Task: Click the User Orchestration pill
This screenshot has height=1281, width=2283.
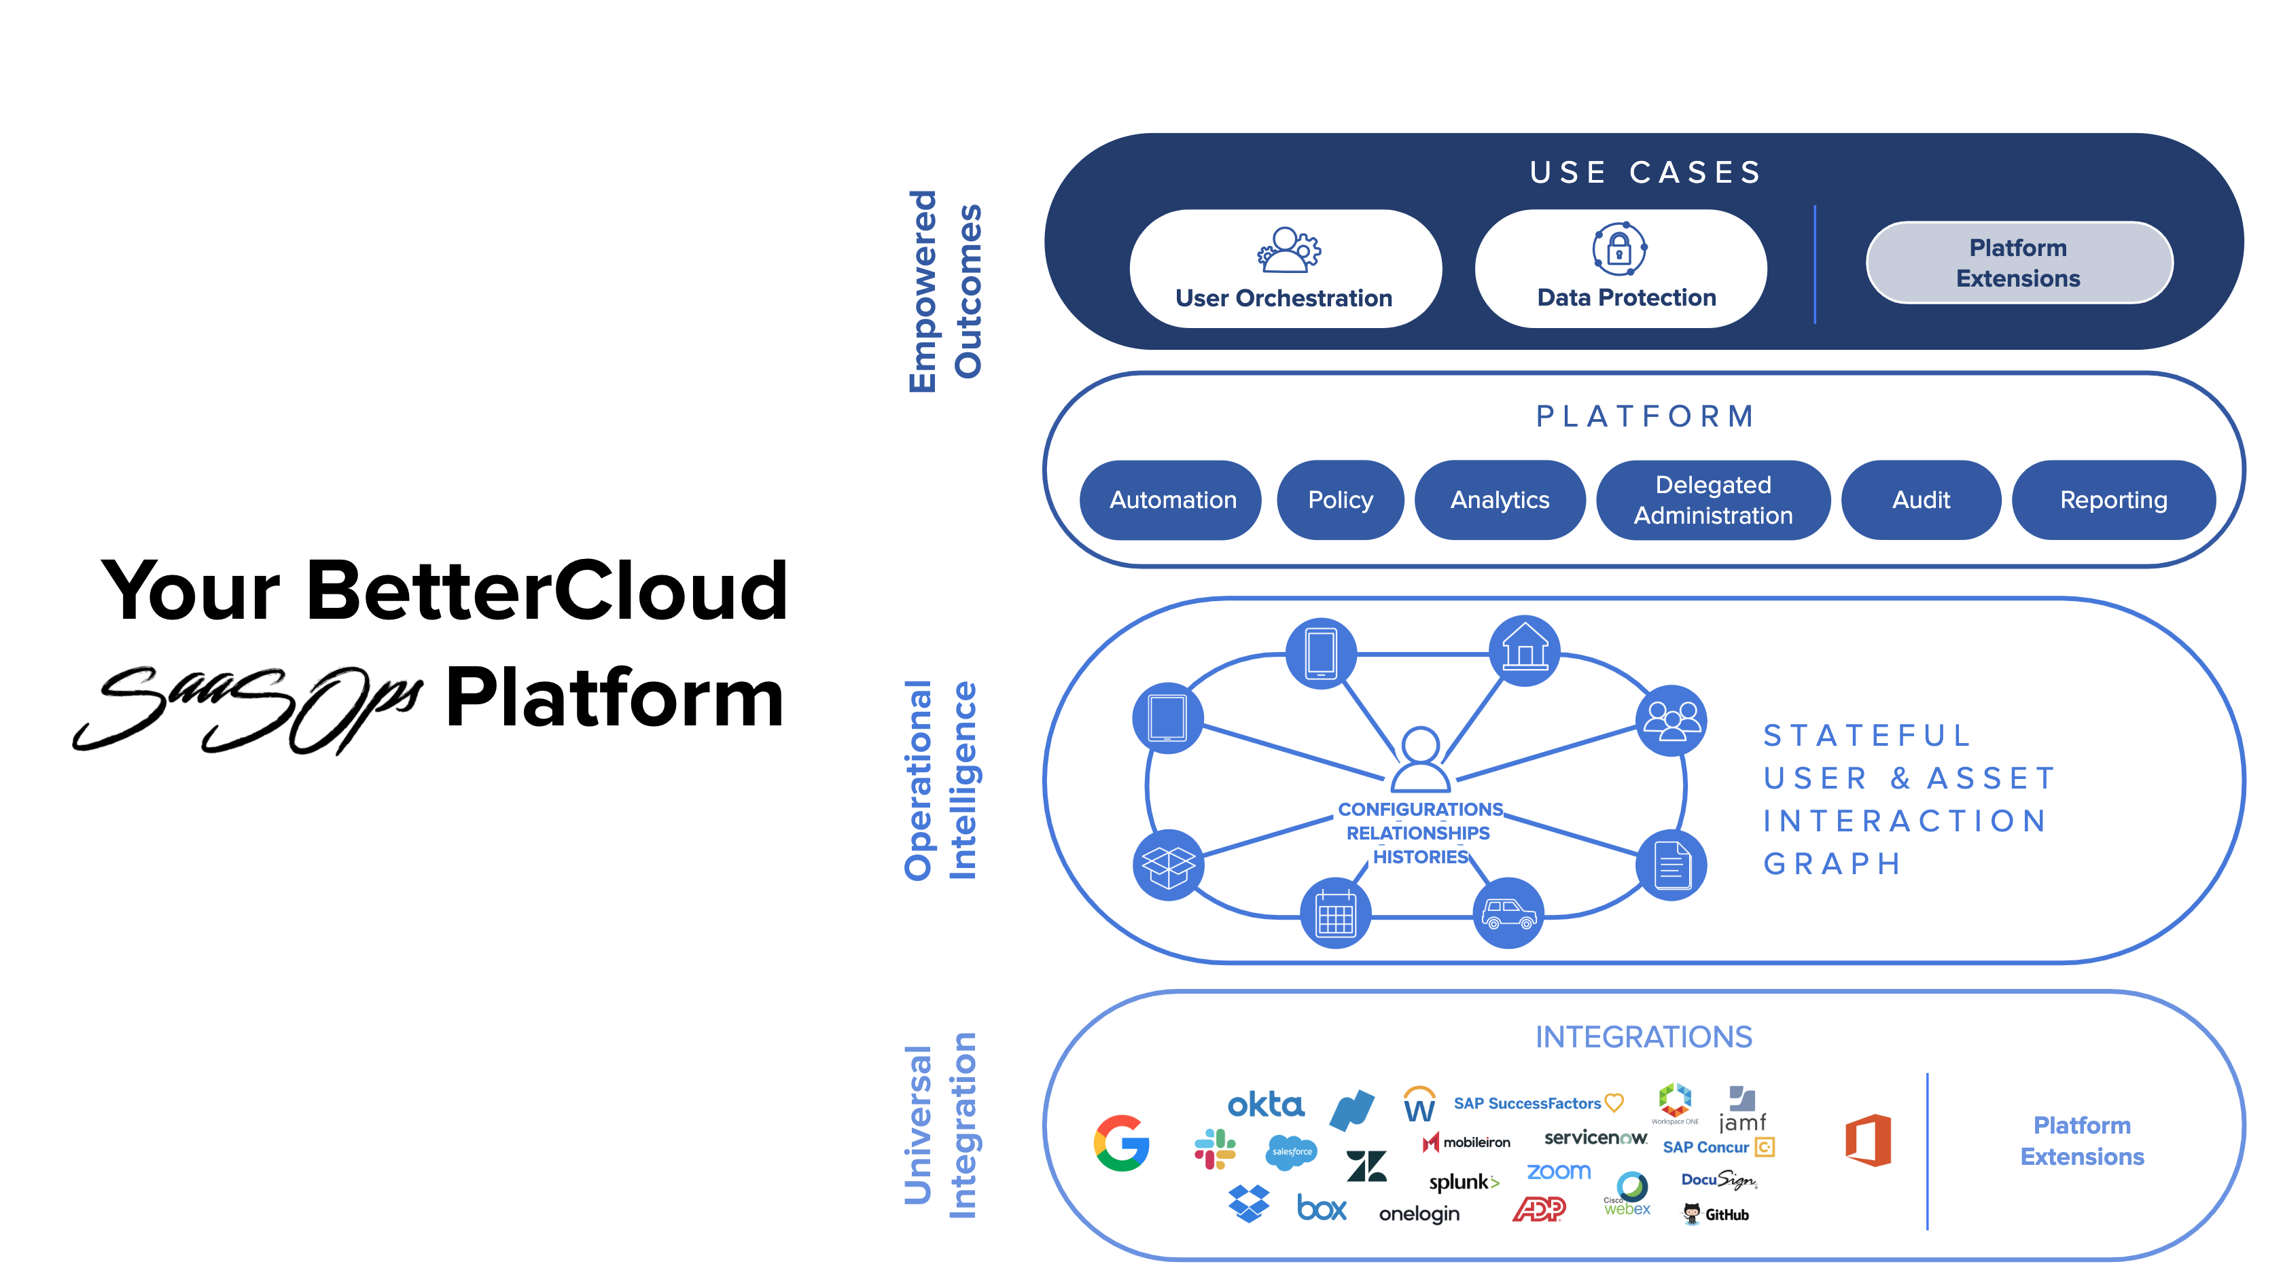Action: click(x=1284, y=268)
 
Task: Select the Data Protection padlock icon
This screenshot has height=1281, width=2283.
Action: click(x=1619, y=249)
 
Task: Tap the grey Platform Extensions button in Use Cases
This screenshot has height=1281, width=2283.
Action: click(x=2018, y=263)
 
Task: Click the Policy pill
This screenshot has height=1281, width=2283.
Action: click(x=1340, y=500)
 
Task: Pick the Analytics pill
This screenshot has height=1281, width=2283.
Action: click(x=1500, y=500)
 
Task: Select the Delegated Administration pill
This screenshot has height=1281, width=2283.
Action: click(x=1712, y=500)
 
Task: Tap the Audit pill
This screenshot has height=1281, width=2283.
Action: click(x=1921, y=500)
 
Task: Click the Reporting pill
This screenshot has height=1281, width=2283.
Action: click(x=2113, y=500)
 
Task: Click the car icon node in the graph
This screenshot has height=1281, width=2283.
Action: click(x=1508, y=912)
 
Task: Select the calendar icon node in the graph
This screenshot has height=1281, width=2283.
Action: click(x=1334, y=914)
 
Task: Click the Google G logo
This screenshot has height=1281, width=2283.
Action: click(x=1121, y=1143)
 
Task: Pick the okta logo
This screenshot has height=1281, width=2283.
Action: click(x=1266, y=1104)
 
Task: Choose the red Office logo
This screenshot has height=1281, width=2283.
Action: click(x=1869, y=1140)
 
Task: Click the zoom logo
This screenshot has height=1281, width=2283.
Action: click(x=1558, y=1171)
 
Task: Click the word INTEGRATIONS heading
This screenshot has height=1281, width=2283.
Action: click(x=1643, y=1036)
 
